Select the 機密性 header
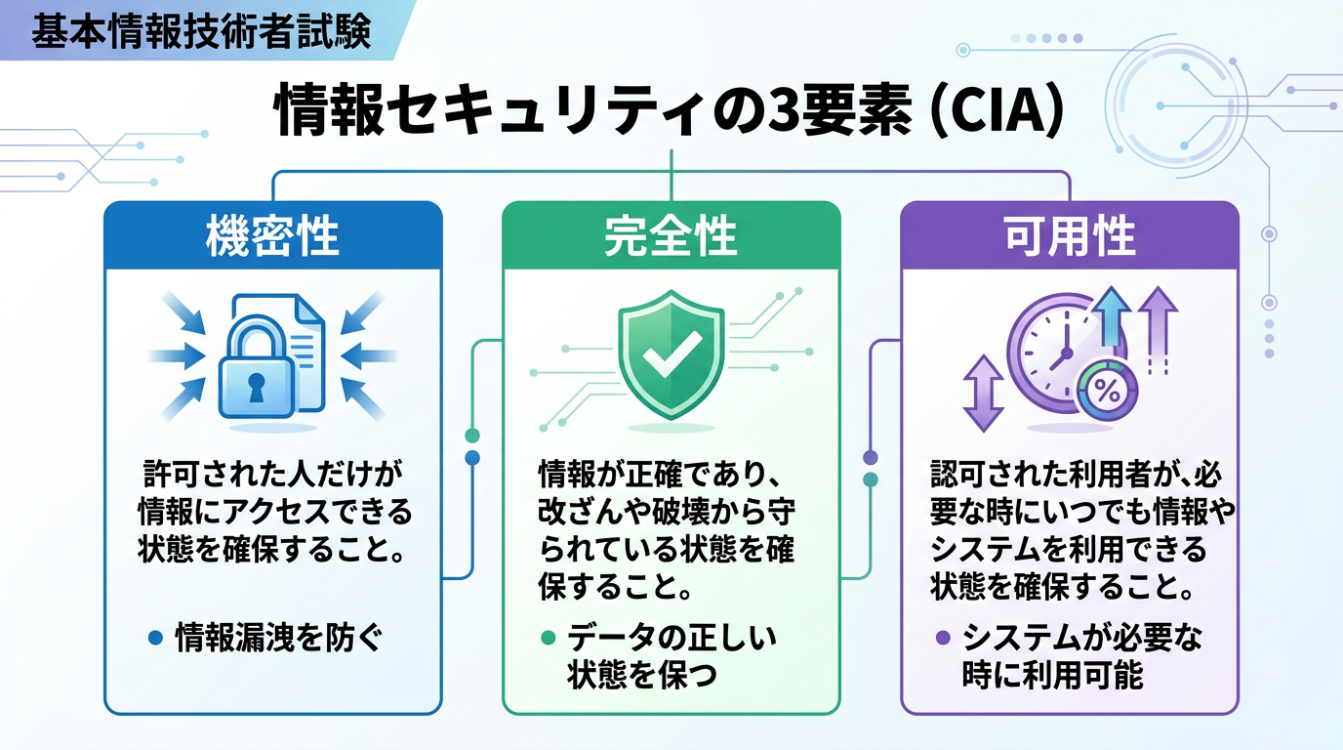[x=272, y=236]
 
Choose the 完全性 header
[x=671, y=236]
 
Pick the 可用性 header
[x=1070, y=236]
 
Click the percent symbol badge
[x=1108, y=391]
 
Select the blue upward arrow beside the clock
[x=1109, y=321]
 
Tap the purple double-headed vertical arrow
[x=983, y=393]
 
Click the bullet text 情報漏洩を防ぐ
[x=277, y=639]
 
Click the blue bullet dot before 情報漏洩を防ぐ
[x=153, y=639]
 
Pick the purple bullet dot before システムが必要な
[x=943, y=639]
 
